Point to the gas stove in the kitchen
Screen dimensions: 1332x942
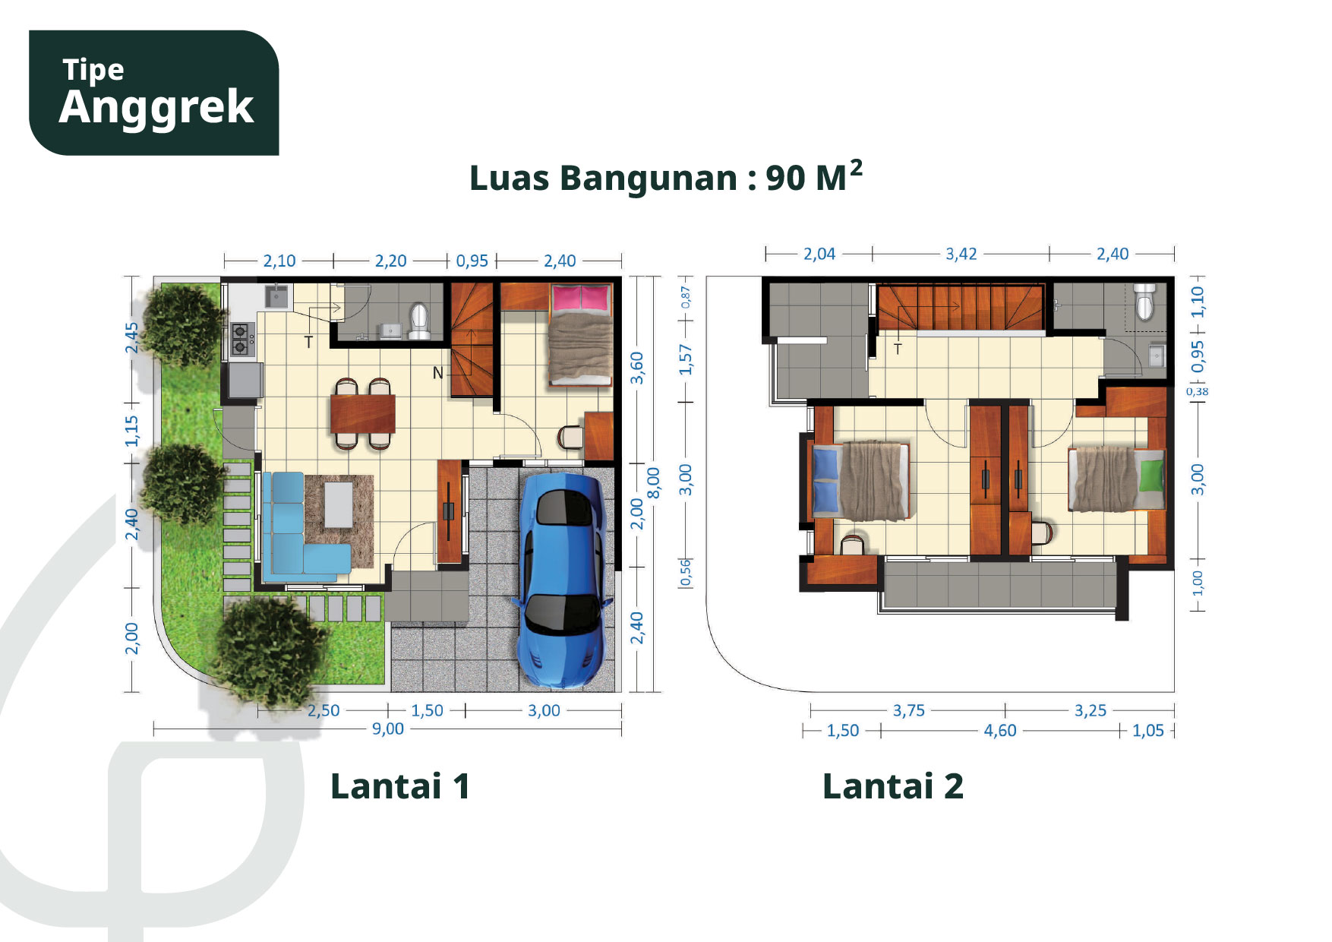241,339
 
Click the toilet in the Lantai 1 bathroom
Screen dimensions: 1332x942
419,321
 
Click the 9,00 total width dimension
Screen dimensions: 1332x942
387,729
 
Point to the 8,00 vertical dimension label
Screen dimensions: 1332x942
653,482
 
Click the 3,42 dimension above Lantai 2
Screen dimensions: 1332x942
961,254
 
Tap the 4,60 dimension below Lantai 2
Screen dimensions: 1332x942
999,731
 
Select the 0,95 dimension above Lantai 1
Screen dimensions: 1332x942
472,261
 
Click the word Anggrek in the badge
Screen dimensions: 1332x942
156,107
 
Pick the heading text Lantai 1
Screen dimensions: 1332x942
400,786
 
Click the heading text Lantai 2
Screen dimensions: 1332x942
893,786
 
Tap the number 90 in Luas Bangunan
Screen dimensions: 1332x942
785,179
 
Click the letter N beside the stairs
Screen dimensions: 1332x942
438,373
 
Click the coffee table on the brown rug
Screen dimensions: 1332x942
339,504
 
